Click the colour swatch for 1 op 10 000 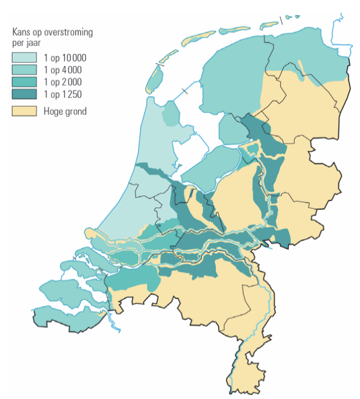pyautogui.click(x=24, y=57)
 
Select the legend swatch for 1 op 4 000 pyautogui.click(x=24, y=70)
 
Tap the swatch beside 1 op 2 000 pyautogui.click(x=24, y=82)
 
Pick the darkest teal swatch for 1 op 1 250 pyautogui.click(x=24, y=95)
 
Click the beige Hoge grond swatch pyautogui.click(x=24, y=111)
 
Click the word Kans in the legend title pyautogui.click(x=21, y=32)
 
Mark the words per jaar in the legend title pyautogui.click(x=27, y=41)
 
